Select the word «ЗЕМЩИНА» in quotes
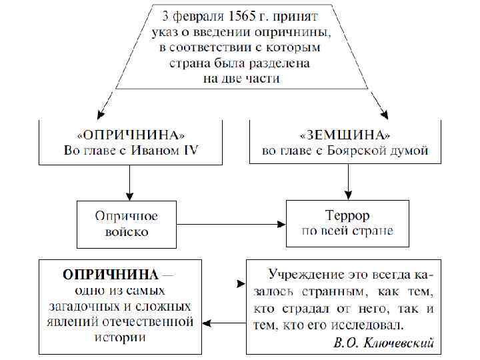pyautogui.click(x=345, y=133)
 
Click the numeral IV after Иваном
pyautogui.click(x=190, y=150)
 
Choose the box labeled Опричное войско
pyautogui.click(x=126, y=225)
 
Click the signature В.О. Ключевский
pyautogui.click(x=385, y=343)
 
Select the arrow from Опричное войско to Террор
pyautogui.click(x=230, y=225)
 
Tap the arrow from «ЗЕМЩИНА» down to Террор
pyautogui.click(x=348, y=181)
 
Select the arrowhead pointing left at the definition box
pyautogui.click(x=207, y=323)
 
